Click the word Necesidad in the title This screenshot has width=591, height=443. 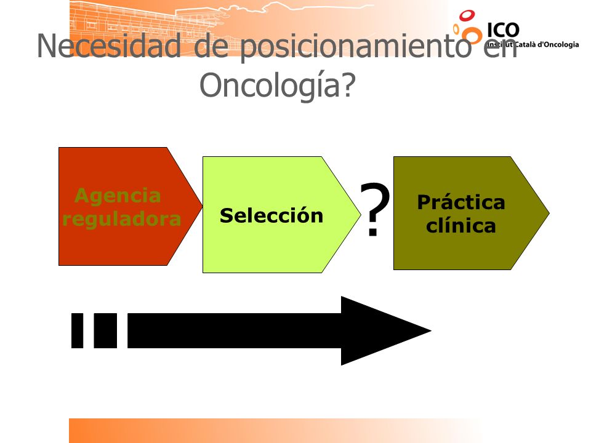[x=109, y=46]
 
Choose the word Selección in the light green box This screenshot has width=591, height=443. [x=271, y=215]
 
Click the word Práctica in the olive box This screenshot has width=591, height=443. [x=461, y=202]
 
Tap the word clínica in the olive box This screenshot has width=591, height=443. [x=461, y=225]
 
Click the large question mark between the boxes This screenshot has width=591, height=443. [x=375, y=209]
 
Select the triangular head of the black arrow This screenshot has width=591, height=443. [x=377, y=331]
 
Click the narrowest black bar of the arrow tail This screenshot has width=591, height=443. [x=78, y=330]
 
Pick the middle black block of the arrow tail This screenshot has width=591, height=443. [x=105, y=330]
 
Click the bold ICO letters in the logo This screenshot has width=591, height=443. [x=503, y=31]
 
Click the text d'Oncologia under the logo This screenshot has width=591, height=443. [x=558, y=44]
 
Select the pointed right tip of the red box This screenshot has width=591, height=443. [x=203, y=206]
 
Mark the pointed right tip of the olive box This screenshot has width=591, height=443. [x=549, y=213]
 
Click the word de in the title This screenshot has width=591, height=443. [x=211, y=46]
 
